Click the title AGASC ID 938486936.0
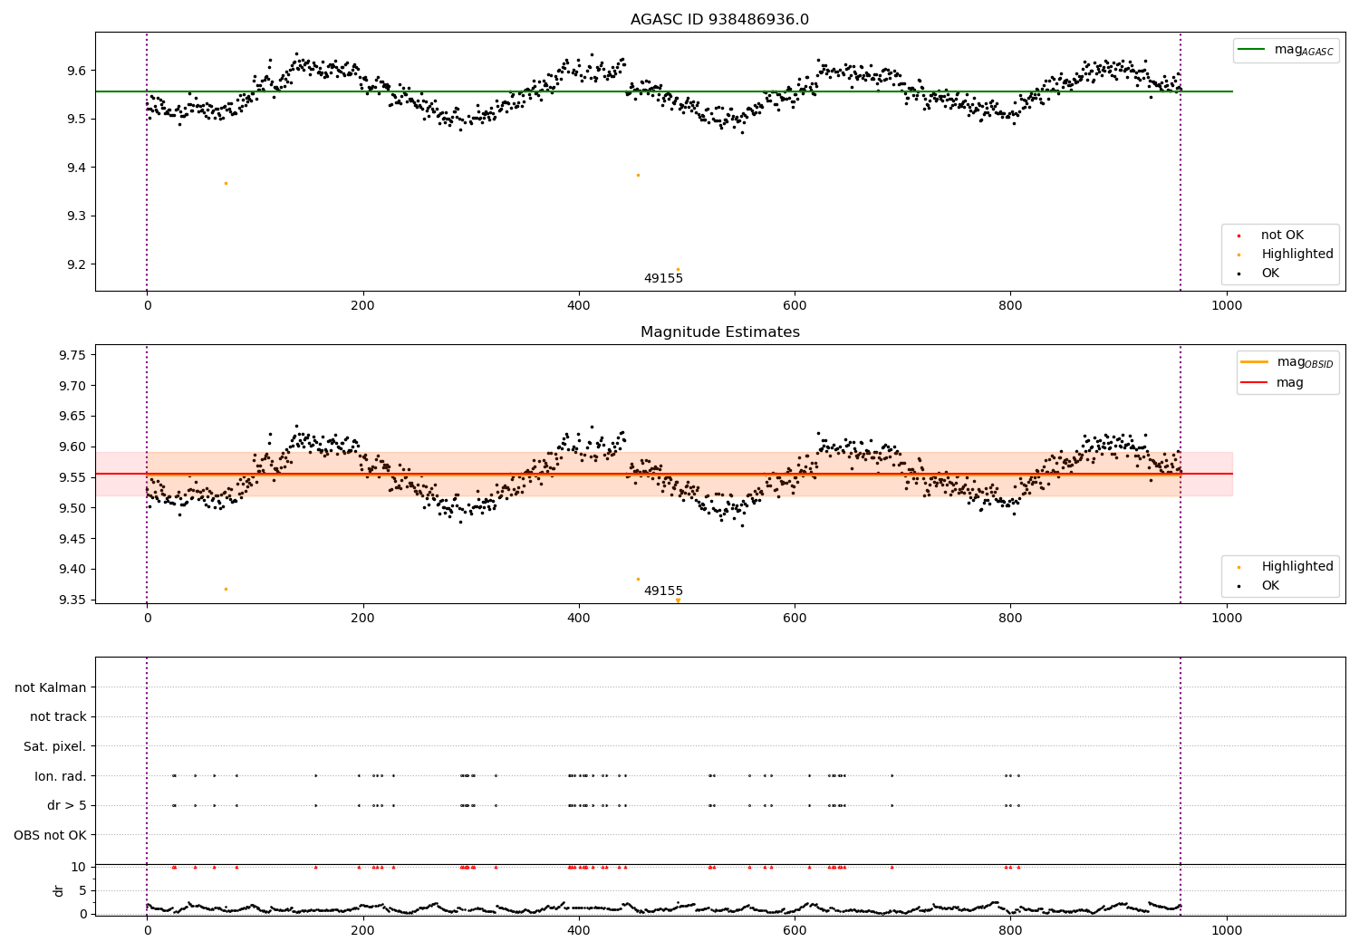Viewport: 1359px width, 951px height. point(719,20)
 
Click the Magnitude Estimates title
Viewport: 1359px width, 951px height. point(719,332)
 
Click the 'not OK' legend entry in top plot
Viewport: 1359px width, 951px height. point(1282,235)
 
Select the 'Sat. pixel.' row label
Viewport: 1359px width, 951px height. point(54,746)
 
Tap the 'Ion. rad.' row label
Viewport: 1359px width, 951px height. point(60,776)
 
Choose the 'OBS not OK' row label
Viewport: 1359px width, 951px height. point(50,835)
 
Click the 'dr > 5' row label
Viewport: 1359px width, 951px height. point(66,805)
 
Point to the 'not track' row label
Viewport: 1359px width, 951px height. point(58,717)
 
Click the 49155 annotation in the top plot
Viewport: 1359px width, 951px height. point(663,279)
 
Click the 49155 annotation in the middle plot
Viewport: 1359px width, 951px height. point(663,591)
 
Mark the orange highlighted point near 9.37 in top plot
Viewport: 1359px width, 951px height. point(226,184)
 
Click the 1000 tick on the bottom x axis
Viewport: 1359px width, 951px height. point(1226,930)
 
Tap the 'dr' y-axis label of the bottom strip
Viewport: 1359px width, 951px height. point(59,890)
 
